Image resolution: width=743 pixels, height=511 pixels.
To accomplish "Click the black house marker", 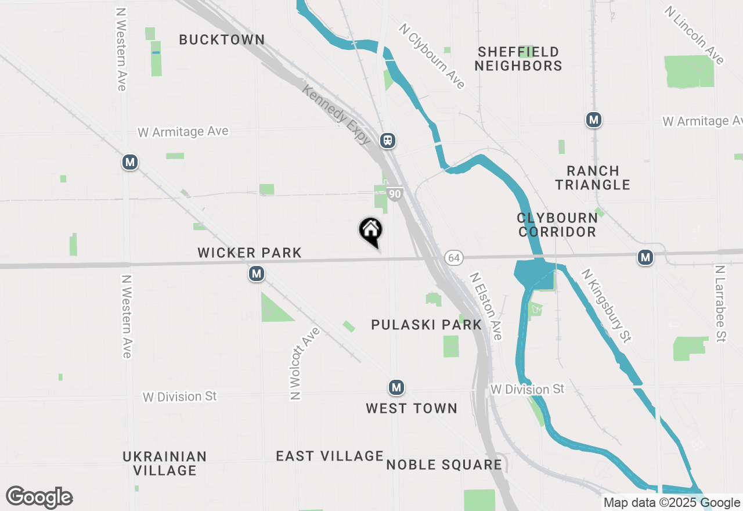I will (x=370, y=231).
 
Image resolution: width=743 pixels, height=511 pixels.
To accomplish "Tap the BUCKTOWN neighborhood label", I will (x=222, y=40).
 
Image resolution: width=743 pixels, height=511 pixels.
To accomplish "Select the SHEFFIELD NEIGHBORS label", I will (x=518, y=59).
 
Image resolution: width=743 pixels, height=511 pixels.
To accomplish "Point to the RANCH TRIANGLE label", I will (x=592, y=178).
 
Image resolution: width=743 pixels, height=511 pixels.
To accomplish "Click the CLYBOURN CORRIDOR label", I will (x=557, y=225).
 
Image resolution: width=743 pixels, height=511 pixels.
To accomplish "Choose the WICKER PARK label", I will (x=250, y=253).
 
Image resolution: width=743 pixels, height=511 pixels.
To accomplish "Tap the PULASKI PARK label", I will (x=427, y=325).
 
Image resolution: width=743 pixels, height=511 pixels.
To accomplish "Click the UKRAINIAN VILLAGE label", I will (x=165, y=463).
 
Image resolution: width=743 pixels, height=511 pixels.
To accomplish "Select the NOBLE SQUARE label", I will (x=444, y=465).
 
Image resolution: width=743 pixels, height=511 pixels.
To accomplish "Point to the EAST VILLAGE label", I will (x=330, y=456).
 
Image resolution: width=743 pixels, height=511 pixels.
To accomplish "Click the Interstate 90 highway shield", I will (x=395, y=194).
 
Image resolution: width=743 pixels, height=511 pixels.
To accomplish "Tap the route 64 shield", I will (x=454, y=257).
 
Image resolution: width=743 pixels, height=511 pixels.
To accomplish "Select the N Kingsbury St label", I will (x=607, y=304).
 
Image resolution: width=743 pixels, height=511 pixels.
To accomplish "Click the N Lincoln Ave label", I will (x=695, y=36).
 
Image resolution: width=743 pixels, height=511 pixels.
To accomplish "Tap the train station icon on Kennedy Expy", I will (x=388, y=141).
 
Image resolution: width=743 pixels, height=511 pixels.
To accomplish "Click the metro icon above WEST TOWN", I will (x=396, y=387).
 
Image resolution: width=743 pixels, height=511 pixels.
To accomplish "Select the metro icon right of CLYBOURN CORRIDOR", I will (x=645, y=257).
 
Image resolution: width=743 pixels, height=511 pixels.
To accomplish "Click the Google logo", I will (x=39, y=497).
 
